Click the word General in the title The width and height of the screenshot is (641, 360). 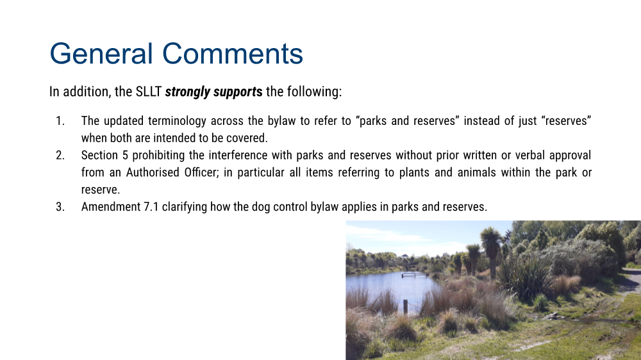(x=101, y=54)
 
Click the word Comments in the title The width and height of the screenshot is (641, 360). (x=233, y=54)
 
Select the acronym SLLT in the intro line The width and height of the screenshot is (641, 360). (x=149, y=92)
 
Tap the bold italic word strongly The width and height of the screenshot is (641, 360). (x=187, y=92)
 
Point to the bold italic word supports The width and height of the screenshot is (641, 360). (x=238, y=92)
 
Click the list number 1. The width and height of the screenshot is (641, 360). (x=60, y=121)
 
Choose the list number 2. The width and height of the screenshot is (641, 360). (x=60, y=155)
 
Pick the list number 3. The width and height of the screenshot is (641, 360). (x=60, y=207)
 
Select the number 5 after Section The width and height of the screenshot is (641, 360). (x=125, y=155)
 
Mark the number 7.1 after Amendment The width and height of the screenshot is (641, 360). (x=151, y=207)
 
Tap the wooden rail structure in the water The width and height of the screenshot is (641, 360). (x=415, y=275)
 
